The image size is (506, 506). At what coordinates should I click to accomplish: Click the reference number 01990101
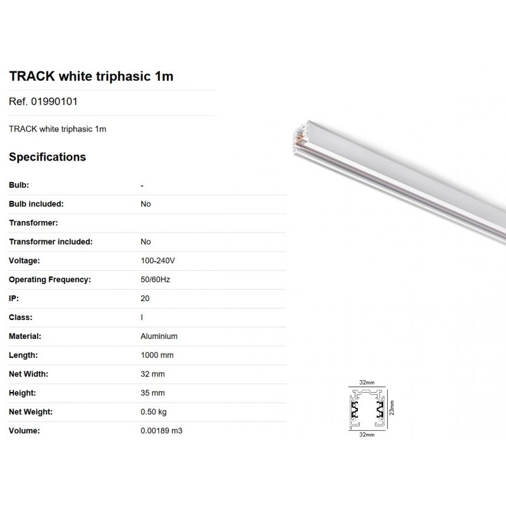(54, 102)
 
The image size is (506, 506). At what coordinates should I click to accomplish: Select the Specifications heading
(47, 157)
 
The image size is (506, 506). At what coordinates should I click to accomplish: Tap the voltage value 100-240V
(157, 261)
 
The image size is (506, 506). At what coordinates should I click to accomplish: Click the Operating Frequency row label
(50, 280)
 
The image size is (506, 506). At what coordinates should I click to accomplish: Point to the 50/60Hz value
(155, 280)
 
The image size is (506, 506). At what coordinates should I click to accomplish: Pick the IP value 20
(145, 299)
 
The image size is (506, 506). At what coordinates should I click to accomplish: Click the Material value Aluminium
(159, 336)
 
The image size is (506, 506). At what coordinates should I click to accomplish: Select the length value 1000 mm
(157, 355)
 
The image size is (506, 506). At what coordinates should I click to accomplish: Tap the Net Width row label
(28, 374)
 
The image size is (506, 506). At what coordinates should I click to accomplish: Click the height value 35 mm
(152, 393)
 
